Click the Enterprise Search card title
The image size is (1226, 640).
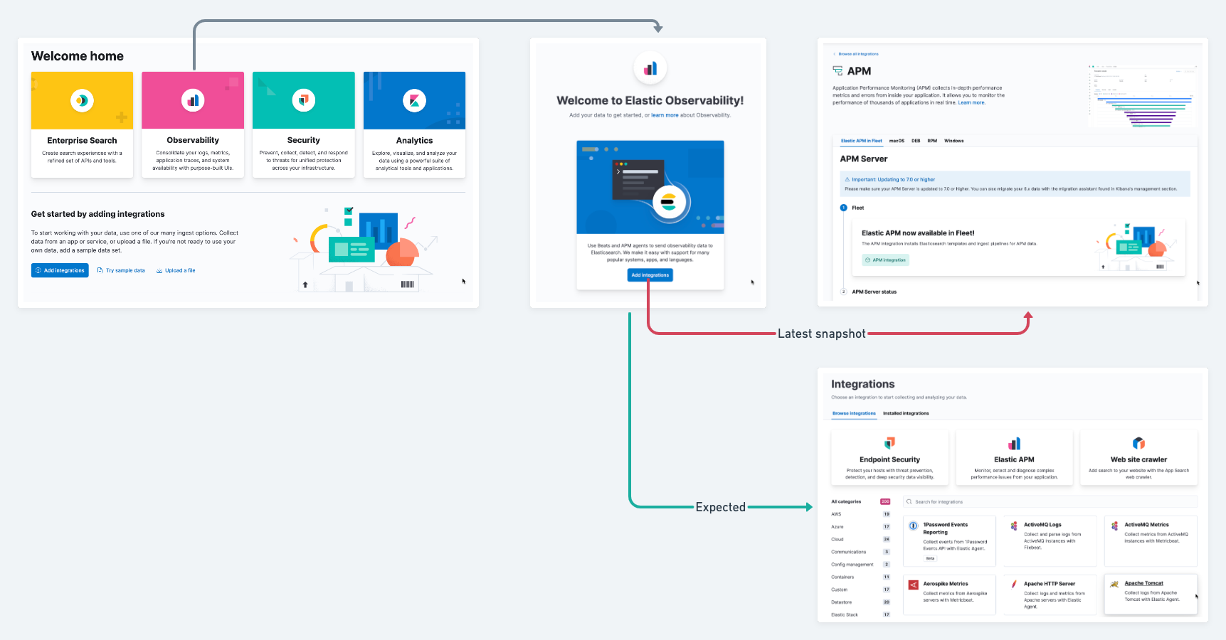pos(82,141)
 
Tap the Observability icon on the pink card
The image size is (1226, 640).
pos(193,100)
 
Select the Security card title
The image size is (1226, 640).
pos(304,141)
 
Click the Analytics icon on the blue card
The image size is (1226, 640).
pos(414,100)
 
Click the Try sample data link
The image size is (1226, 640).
pos(125,271)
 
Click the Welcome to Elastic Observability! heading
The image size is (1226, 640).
pos(650,101)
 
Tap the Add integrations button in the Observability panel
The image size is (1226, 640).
pos(650,275)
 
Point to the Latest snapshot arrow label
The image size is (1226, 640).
pos(821,334)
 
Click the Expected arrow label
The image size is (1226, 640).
pos(720,507)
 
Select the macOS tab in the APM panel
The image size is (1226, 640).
pos(897,141)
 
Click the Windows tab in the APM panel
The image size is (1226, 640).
pos(953,141)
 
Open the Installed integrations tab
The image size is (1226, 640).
pos(906,413)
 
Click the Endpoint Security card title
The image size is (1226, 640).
pos(889,460)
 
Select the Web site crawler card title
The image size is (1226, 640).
pos(1138,460)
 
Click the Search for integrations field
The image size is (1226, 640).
pos(1050,502)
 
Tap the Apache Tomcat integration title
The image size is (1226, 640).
pos(1143,584)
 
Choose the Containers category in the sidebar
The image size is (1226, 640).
pos(842,577)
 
